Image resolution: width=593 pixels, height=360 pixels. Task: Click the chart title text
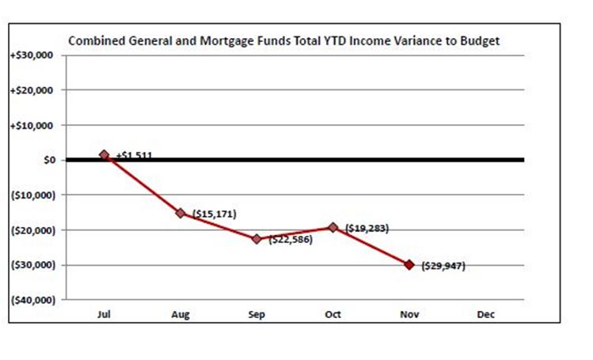[283, 40]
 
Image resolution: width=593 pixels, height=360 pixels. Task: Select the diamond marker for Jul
[104, 155]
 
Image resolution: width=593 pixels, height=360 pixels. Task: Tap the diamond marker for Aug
[181, 213]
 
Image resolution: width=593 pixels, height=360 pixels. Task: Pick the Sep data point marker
[257, 238]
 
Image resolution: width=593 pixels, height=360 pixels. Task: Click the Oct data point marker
[333, 227]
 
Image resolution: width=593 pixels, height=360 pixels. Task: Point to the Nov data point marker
[409, 264]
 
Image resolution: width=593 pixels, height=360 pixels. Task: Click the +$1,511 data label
[134, 156]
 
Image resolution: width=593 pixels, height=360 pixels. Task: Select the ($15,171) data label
[214, 214]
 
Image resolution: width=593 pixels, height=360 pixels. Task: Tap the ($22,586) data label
[291, 239]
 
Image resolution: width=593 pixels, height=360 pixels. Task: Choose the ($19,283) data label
[367, 228]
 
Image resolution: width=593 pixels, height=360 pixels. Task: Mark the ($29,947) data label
[443, 266]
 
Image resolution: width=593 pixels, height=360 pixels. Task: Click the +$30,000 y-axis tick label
[31, 55]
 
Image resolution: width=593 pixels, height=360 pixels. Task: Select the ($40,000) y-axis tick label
[32, 300]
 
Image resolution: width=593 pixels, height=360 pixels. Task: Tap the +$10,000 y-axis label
[31, 125]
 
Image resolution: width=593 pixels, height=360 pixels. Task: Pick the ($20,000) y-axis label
[32, 230]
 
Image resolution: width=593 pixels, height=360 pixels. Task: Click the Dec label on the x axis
[486, 315]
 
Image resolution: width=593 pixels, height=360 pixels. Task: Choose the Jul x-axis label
[104, 315]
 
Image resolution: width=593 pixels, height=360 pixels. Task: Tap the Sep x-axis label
[257, 315]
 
